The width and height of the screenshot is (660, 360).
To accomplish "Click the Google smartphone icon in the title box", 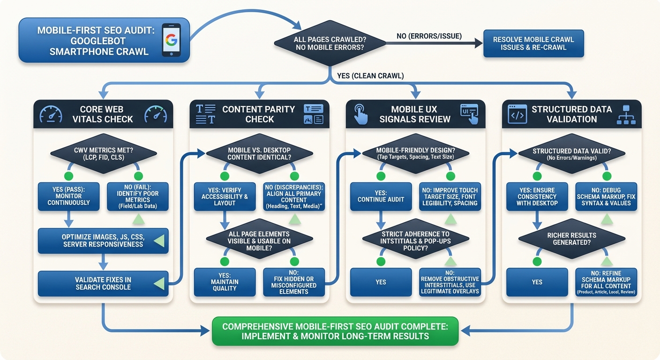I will coord(171,40).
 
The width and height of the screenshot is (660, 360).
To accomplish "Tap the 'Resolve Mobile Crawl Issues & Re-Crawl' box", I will coord(533,44).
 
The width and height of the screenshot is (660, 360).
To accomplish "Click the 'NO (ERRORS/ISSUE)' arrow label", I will coord(429,36).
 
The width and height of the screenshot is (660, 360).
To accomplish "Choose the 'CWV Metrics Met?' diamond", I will coord(103,153).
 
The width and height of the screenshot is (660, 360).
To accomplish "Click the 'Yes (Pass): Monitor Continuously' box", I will coord(68,196).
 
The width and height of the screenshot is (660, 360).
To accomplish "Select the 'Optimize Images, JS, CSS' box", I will coord(103,240).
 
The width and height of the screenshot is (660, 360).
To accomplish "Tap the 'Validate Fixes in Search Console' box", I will coord(103,283).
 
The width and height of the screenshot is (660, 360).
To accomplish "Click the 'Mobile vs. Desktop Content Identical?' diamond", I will coord(259,153).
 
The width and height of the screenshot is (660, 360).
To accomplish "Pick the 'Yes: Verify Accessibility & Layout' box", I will coord(225,196).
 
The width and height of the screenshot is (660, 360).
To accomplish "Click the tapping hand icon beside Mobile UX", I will coord(360,114).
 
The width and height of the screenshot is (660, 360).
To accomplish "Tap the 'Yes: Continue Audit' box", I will coord(381,196).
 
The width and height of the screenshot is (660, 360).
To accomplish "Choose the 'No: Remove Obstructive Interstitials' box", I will coord(450,282).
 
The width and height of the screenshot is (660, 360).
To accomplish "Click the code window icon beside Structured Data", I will coord(517,114).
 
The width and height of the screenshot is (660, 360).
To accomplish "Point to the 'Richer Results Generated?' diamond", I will coord(571,239).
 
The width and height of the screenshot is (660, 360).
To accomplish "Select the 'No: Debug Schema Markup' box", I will coord(606,196).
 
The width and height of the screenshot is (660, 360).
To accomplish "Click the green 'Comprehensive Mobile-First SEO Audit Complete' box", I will coord(335,331).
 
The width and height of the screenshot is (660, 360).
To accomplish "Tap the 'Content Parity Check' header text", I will coord(259,114).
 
